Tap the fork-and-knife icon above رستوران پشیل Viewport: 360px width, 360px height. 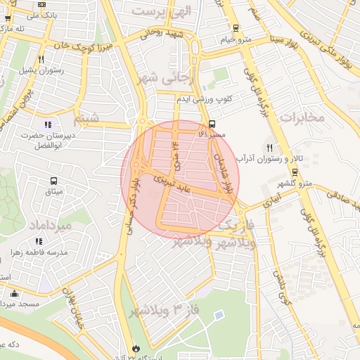[x=42, y=60]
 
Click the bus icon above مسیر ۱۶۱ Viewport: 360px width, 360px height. [x=212, y=123]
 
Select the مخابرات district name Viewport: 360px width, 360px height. [x=302, y=117]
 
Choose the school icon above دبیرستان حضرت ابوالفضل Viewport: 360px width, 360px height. [x=48, y=124]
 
